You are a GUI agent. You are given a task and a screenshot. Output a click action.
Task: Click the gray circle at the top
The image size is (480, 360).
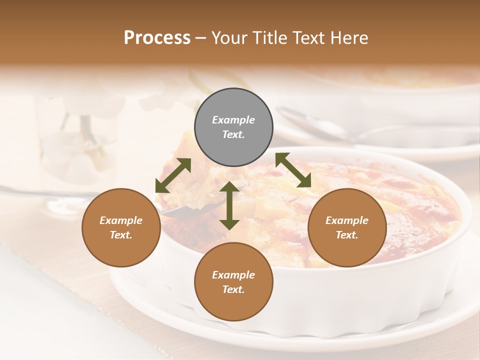pos(233,127)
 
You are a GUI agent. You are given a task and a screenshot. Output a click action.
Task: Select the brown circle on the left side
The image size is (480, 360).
pos(121,227)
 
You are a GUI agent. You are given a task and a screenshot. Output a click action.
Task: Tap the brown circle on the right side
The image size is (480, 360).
pos(347,227)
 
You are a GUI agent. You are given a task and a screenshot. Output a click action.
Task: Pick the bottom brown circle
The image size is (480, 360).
pos(233,282)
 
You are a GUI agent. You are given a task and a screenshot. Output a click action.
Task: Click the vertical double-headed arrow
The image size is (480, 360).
pos(229,205)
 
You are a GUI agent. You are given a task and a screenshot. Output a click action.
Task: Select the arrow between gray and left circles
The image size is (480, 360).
pos(173,175)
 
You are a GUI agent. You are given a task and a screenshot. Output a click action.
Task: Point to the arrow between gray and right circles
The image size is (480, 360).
pos(293,170)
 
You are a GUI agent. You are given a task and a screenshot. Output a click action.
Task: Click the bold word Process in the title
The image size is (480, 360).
pos(157,37)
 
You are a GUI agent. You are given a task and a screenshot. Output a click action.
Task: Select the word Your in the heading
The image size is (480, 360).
pos(230,37)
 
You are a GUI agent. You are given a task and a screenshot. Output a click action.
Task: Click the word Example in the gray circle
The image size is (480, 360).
pos(233,120)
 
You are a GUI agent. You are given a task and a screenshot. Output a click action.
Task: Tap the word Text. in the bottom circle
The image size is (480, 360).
pos(233,289)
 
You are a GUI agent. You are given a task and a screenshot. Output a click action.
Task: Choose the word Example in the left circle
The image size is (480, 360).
pos(121,220)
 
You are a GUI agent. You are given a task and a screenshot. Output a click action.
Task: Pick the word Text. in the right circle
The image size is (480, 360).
pos(347,235)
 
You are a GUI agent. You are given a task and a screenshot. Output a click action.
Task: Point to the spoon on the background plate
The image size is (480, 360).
pos(320,127)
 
